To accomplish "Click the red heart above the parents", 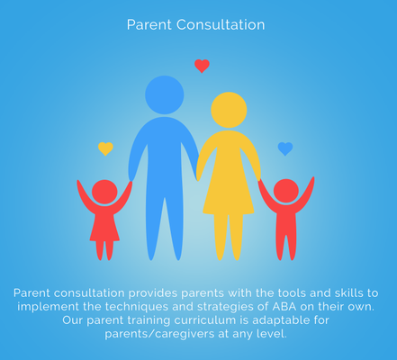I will point(202,66).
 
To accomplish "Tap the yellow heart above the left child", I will point(105,148).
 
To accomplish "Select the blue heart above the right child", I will point(284,148).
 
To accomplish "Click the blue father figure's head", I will point(164,94).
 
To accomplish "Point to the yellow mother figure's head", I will point(229,110).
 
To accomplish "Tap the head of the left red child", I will point(104,192).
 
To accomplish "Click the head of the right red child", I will point(286,191).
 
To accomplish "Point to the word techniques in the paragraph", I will point(147,307).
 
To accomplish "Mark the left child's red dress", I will point(104,225).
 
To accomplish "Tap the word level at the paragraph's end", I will point(271,335).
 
